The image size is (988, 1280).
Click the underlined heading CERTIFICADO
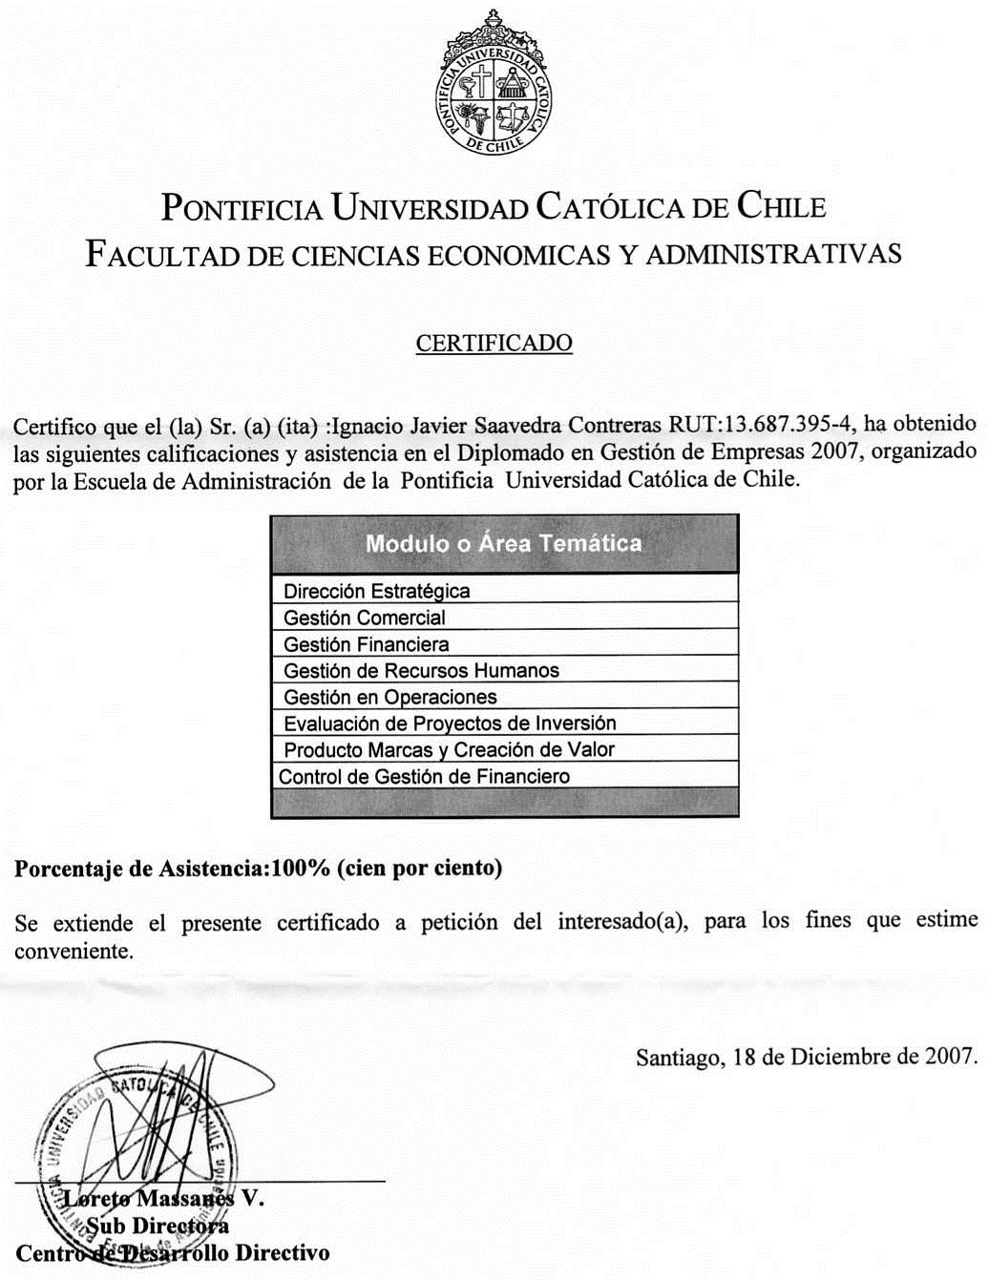[494, 344]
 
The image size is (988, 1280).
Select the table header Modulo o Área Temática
[503, 544]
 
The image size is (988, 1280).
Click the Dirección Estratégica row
[377, 592]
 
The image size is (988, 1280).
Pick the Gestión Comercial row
[365, 619]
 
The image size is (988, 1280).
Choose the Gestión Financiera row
[367, 645]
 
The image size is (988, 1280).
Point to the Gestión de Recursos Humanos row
[421, 671]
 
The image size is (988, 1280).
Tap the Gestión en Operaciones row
[390, 698]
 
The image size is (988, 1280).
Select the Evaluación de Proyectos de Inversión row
[450, 724]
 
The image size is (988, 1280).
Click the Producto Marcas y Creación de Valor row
[449, 750]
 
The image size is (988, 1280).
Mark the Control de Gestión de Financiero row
[424, 777]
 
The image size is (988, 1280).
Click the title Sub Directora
[158, 1226]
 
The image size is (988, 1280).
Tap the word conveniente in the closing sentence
[73, 952]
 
